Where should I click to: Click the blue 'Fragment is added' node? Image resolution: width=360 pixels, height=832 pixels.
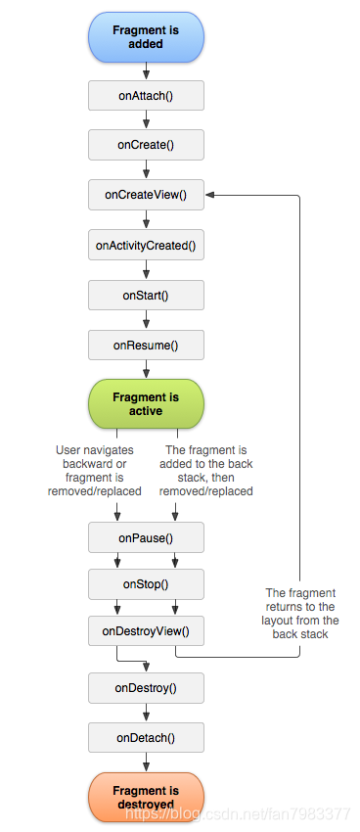click(x=146, y=37)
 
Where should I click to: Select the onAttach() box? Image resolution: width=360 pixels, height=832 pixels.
click(x=146, y=95)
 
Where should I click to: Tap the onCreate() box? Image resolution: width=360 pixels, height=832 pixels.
click(x=146, y=145)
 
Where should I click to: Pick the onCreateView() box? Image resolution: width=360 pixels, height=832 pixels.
click(x=146, y=195)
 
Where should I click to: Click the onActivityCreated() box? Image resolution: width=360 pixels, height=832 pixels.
click(x=146, y=245)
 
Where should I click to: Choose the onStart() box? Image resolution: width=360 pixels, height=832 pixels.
click(x=146, y=295)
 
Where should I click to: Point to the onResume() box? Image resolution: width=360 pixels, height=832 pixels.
click(x=146, y=345)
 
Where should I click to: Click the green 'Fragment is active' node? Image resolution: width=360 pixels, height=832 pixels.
click(x=146, y=403)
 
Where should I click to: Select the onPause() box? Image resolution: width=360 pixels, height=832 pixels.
click(x=146, y=537)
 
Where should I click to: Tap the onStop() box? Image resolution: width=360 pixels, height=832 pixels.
click(x=146, y=584)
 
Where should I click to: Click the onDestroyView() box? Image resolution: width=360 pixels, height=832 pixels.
click(x=146, y=631)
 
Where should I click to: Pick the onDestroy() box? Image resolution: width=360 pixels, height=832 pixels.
click(x=146, y=687)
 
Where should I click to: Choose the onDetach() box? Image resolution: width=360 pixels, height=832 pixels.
click(x=146, y=737)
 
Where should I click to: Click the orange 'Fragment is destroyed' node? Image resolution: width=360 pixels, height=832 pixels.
click(x=146, y=797)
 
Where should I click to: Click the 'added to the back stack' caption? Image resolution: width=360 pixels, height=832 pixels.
click(x=206, y=471)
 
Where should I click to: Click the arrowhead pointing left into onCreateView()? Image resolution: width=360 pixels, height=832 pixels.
click(x=210, y=195)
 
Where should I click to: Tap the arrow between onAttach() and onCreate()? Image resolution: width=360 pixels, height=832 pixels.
click(x=146, y=119)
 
